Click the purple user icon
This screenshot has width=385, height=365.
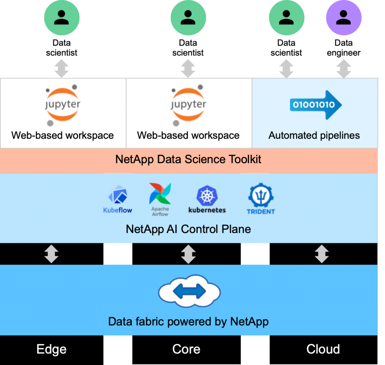[x=344, y=17]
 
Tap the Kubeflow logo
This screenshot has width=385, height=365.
[x=118, y=199]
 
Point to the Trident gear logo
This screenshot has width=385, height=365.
[x=261, y=196]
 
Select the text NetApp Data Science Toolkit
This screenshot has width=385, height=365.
[x=188, y=159]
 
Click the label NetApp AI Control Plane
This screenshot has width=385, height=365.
[x=188, y=229]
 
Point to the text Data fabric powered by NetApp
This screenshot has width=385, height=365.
[x=188, y=321]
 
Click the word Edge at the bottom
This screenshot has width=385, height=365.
[x=52, y=349]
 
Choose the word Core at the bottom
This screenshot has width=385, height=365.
[x=186, y=349]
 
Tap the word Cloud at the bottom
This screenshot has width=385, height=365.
[x=323, y=349]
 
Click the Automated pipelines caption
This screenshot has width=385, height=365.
[x=314, y=135]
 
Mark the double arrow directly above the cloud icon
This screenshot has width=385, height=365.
[x=188, y=254]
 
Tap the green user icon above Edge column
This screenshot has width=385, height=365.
[x=62, y=17]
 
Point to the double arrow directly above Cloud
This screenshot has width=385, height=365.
[x=322, y=254]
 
